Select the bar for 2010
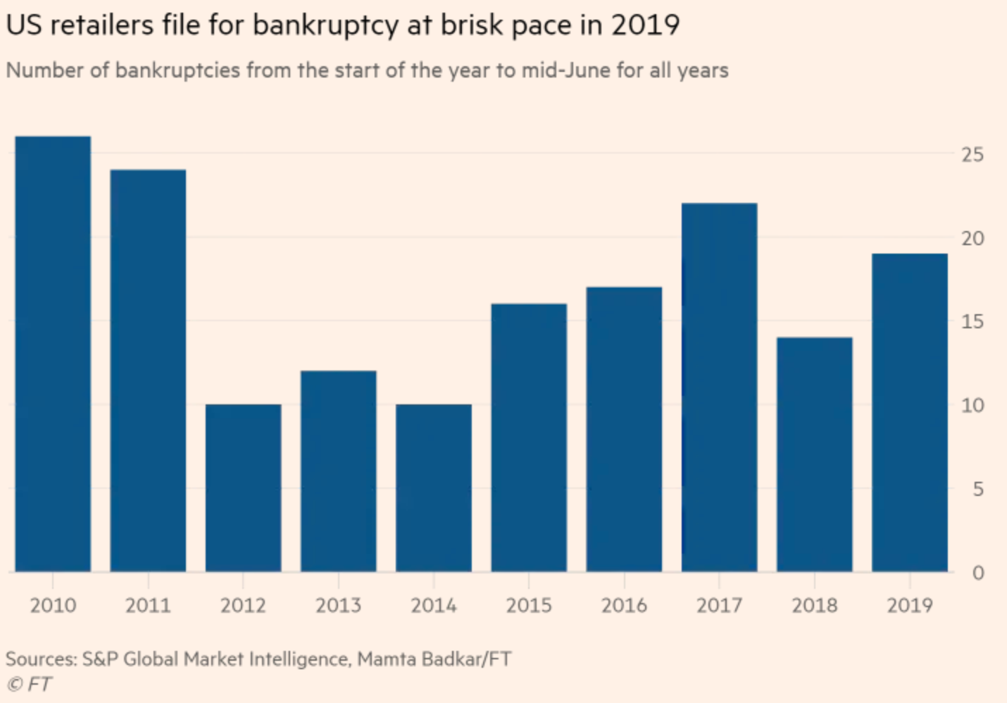pos(53,354)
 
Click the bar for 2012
pos(243,488)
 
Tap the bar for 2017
pos(719,387)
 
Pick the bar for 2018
pos(815,455)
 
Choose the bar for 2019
pos(910,413)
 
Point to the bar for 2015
pos(529,438)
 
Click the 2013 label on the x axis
pos(339,605)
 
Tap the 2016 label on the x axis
pos(625,605)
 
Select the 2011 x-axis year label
pos(149,605)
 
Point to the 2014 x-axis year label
pos(434,605)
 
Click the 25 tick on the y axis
pos(972,155)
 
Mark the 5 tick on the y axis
pos(979,490)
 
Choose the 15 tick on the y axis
pos(972,322)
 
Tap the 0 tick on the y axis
pos(978,573)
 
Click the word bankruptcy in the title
pos(326,25)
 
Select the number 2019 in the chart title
pos(645,25)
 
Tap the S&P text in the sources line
pos(100,659)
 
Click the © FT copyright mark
pos(29,685)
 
